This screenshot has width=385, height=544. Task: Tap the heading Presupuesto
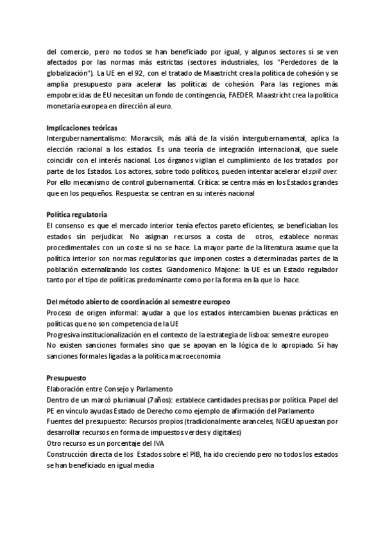(67, 378)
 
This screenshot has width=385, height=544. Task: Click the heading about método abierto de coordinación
(139, 302)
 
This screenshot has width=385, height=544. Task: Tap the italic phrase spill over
(323, 171)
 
